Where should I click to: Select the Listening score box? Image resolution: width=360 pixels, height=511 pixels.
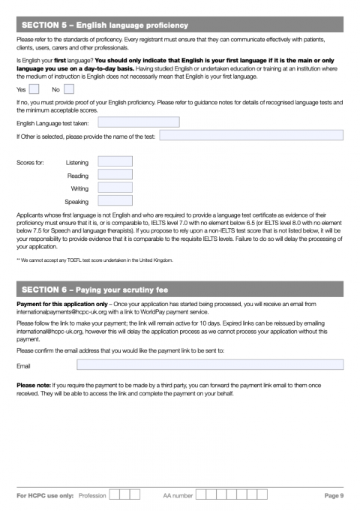[115, 161]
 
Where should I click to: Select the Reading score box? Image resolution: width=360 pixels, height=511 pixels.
[115, 175]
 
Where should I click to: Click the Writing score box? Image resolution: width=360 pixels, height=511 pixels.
[115, 188]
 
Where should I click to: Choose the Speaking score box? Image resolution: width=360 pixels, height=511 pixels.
[115, 201]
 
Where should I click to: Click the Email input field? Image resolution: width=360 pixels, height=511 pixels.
[210, 365]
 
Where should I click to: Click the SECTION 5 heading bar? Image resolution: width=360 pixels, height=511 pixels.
[180, 26]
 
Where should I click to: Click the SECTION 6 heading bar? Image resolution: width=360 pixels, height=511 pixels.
[180, 289]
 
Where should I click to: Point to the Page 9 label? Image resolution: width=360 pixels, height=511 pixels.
[334, 495]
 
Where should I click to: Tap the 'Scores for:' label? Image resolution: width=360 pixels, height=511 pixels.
[30, 162]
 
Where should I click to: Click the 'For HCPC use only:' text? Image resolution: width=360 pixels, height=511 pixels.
[45, 495]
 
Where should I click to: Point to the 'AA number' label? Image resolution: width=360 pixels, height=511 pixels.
[178, 495]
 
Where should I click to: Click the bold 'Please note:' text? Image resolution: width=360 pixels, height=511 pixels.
[34, 385]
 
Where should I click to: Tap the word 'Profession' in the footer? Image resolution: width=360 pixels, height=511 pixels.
[92, 495]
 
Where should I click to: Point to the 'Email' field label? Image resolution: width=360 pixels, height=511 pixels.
[23, 365]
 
